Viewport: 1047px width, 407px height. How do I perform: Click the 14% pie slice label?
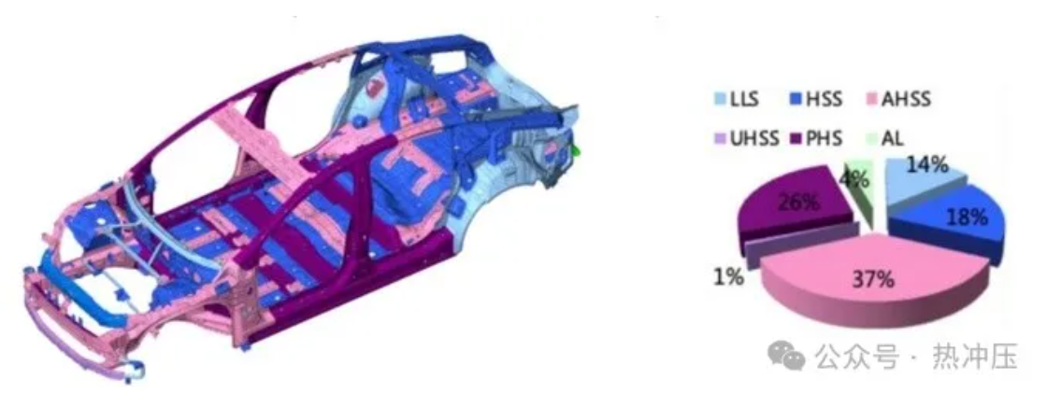pos(927,165)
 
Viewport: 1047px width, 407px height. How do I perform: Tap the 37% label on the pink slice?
pos(873,280)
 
